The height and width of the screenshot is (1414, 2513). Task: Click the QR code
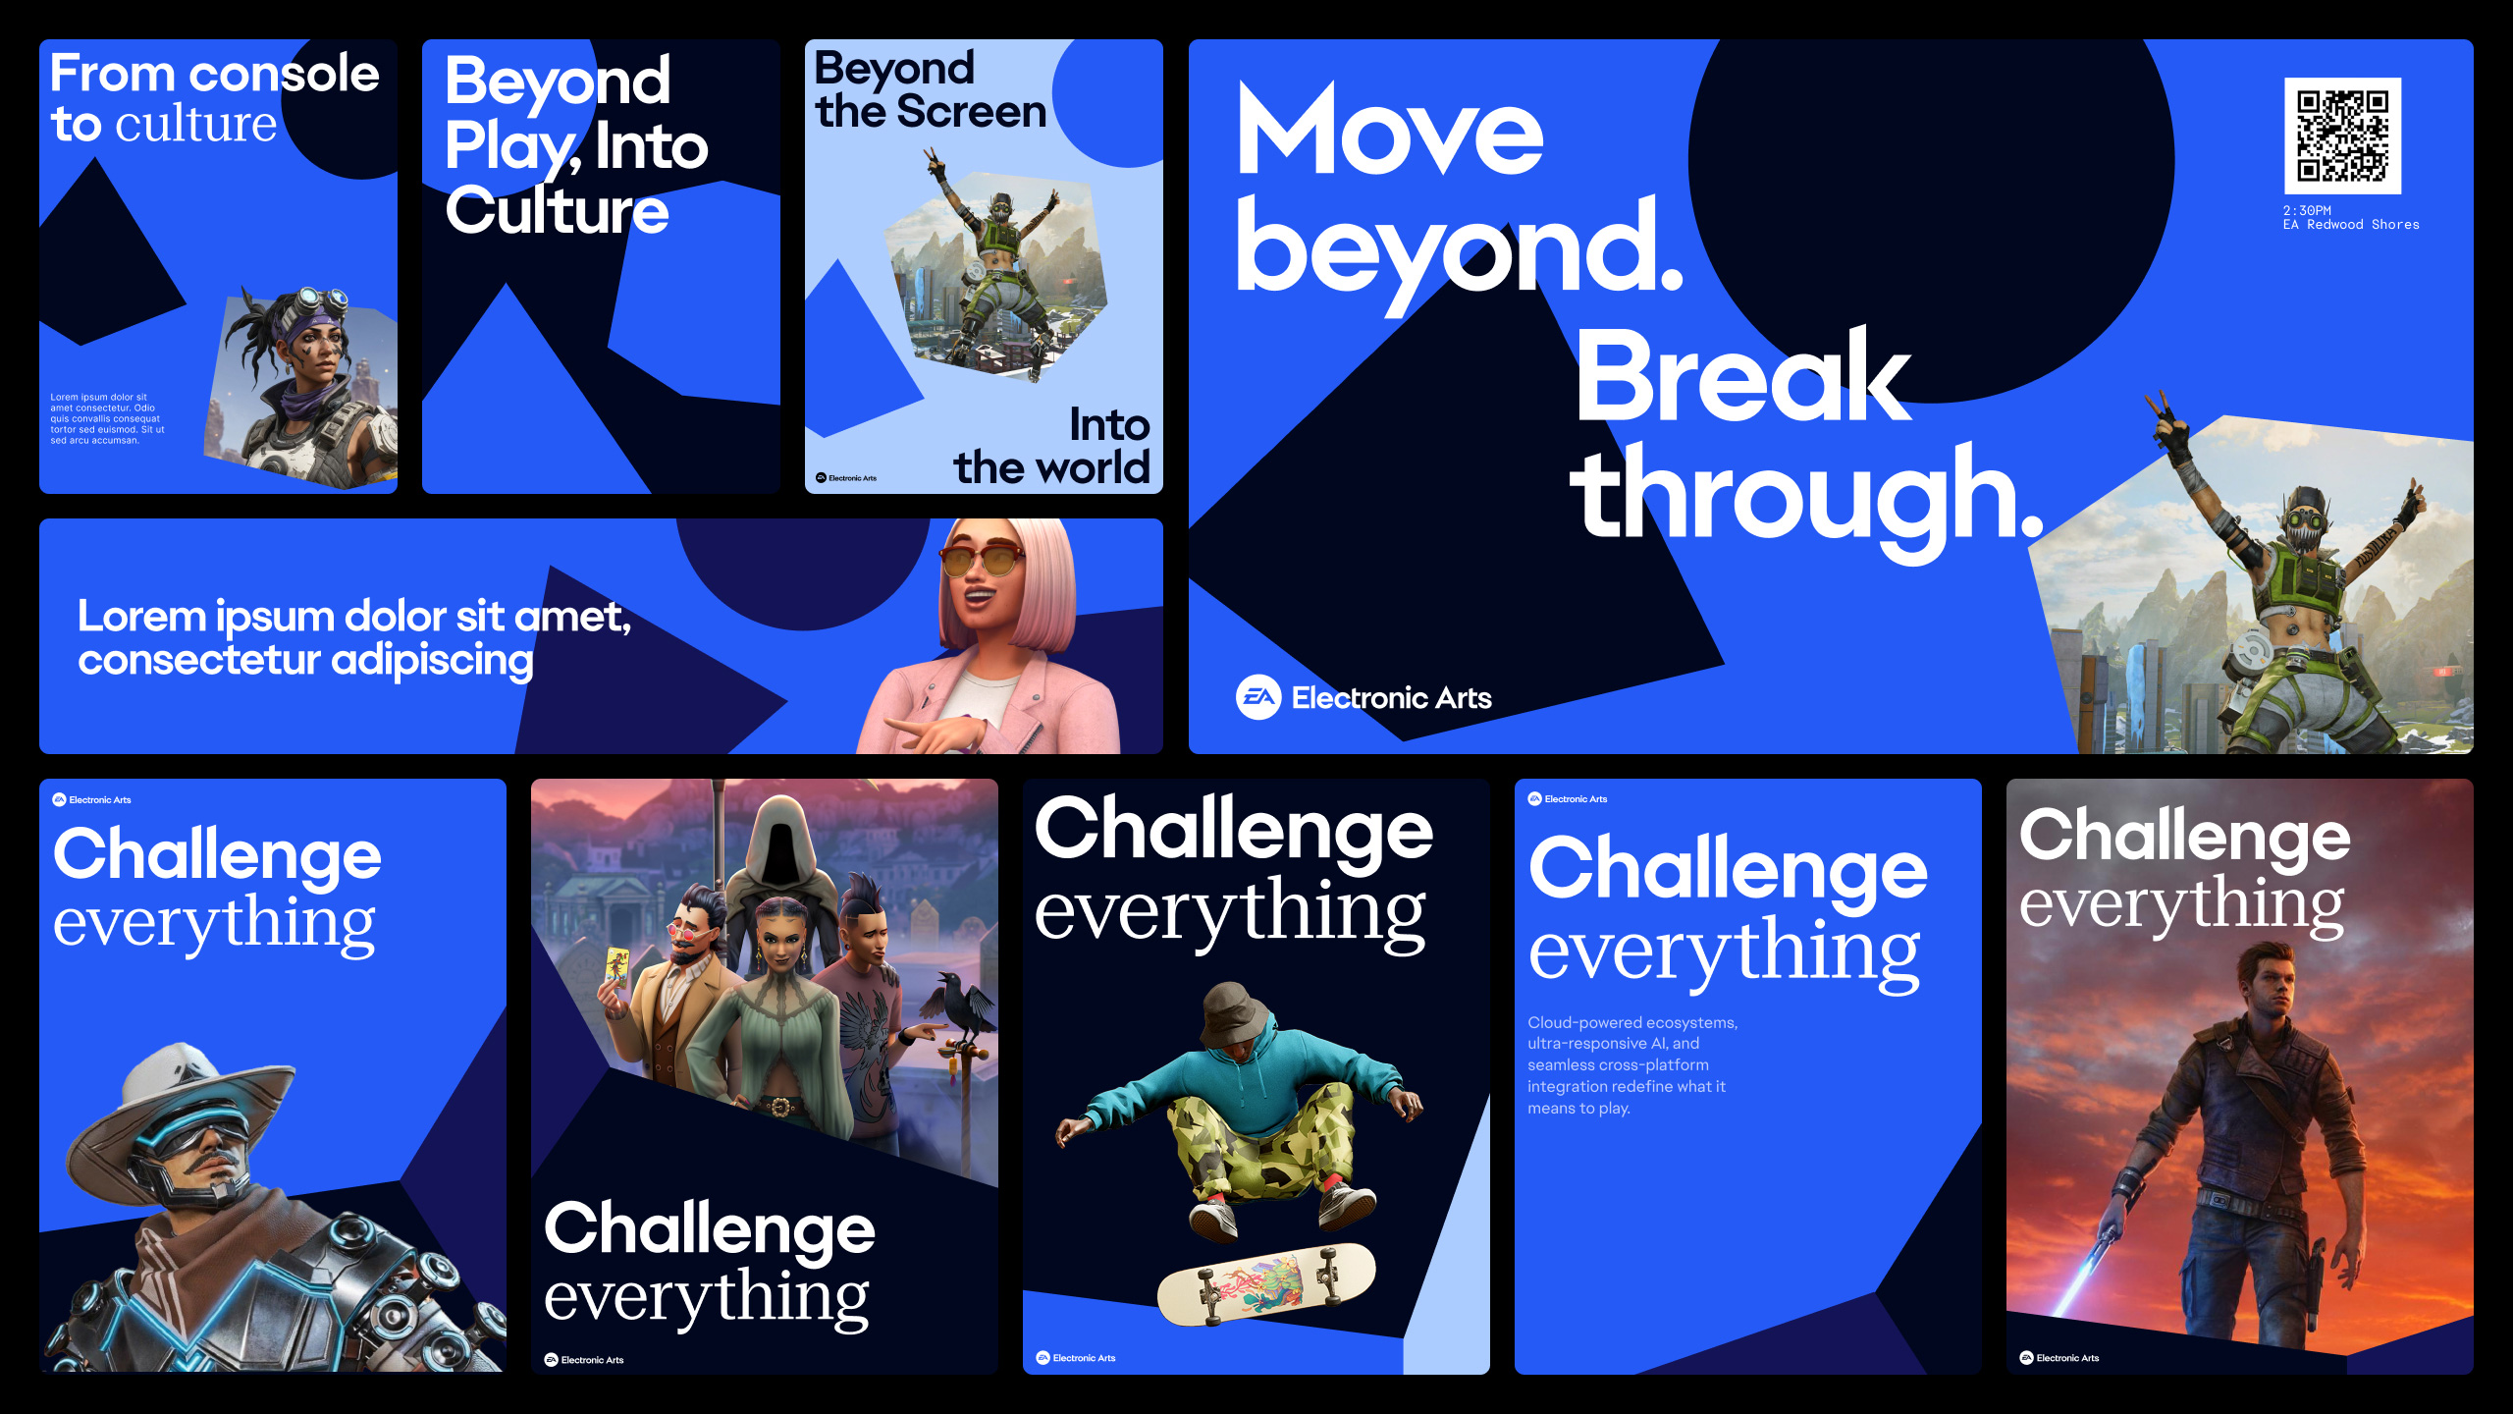coord(2342,136)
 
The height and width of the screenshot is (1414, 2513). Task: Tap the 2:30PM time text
coord(2307,210)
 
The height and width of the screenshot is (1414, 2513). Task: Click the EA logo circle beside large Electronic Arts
coord(1258,697)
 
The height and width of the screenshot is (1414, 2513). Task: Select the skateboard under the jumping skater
coord(1266,1282)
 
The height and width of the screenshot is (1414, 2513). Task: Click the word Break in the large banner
coord(1743,378)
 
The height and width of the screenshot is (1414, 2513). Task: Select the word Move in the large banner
coord(1389,129)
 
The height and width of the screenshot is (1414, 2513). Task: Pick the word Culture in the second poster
coord(557,210)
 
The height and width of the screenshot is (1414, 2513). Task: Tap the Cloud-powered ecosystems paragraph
coord(1632,1065)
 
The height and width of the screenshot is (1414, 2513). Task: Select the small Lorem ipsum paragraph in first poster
coord(107,419)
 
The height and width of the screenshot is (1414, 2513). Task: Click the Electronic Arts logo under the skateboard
coord(1076,1358)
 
